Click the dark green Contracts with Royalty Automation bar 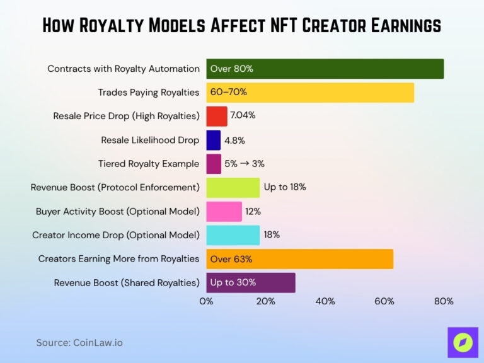click(x=325, y=69)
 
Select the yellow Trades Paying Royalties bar click(x=309, y=93)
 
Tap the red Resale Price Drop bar click(x=216, y=116)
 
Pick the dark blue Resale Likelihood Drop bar click(x=213, y=140)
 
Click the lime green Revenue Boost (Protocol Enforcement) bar click(x=233, y=187)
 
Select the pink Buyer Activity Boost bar click(x=224, y=211)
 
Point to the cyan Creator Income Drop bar click(x=233, y=235)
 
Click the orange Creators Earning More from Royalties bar click(x=299, y=258)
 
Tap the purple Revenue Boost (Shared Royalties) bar click(x=250, y=282)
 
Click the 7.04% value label click(x=243, y=116)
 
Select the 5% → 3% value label click(x=244, y=164)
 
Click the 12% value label click(x=253, y=211)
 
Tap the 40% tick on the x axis click(x=325, y=301)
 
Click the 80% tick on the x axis click(x=444, y=301)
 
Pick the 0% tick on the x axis click(x=206, y=301)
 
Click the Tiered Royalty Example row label click(x=149, y=164)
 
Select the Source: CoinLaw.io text click(x=79, y=343)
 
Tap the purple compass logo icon click(x=463, y=342)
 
